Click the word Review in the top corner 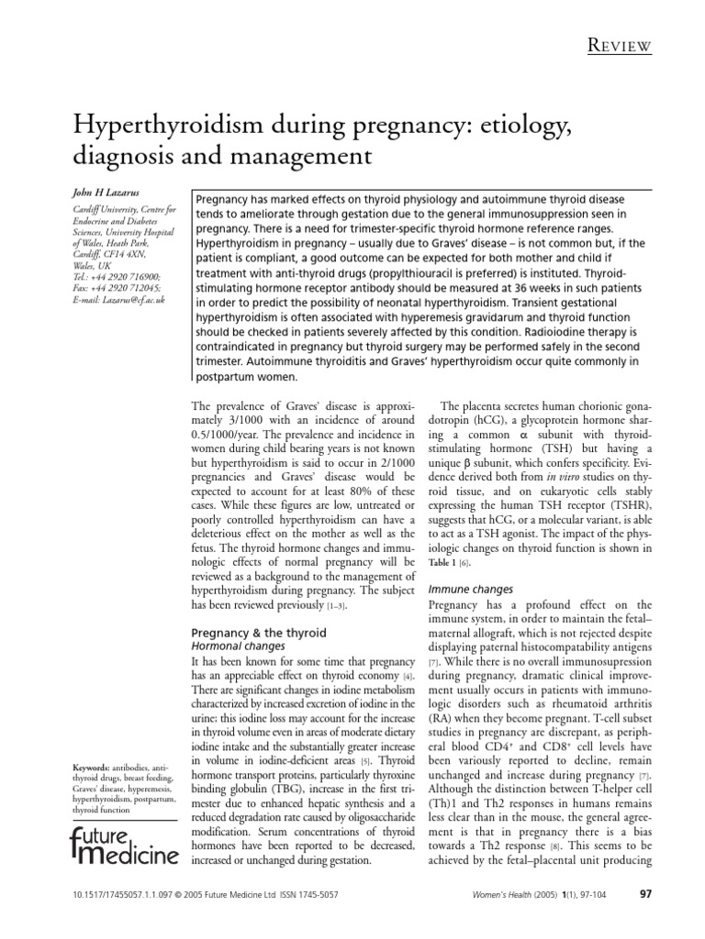point(621,46)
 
